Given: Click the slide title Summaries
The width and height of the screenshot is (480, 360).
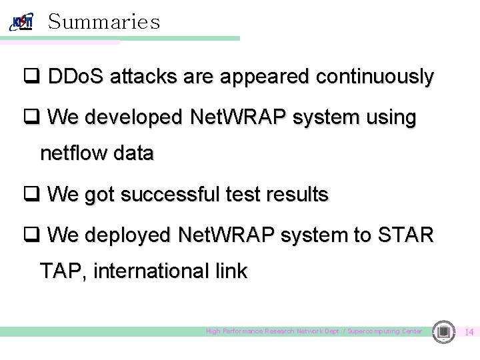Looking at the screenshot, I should point(104,22).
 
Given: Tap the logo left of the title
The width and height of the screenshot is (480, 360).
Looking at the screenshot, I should point(21,22).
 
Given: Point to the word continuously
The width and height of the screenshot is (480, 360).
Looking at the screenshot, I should point(375,77).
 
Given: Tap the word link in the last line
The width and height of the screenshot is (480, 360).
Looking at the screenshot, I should point(231,271).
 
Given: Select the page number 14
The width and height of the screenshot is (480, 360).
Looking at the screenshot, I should point(469,332).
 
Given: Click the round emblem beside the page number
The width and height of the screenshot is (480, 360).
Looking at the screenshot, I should point(443,331).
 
